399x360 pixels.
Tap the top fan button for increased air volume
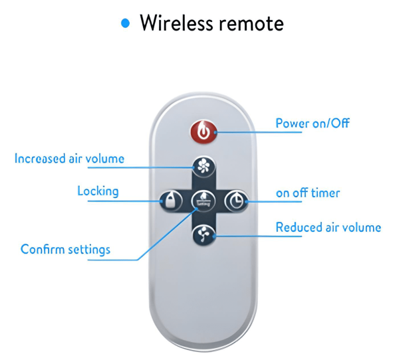pos(203,166)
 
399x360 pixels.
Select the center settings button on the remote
pos(203,200)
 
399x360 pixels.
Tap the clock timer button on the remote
pos(236,200)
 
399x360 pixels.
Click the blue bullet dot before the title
pos(125,24)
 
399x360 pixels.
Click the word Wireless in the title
pos(176,24)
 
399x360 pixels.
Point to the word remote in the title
pos(251,25)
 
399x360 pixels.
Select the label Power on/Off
pos(312,123)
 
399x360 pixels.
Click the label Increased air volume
pos(69,159)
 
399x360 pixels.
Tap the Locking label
pos(98,191)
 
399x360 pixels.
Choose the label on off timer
pos(308,193)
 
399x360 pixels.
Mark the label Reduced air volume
pos(329,228)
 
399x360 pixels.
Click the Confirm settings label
pos(65,250)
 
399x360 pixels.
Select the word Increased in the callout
pos(43,159)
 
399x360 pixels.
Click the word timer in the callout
pos(326,193)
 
